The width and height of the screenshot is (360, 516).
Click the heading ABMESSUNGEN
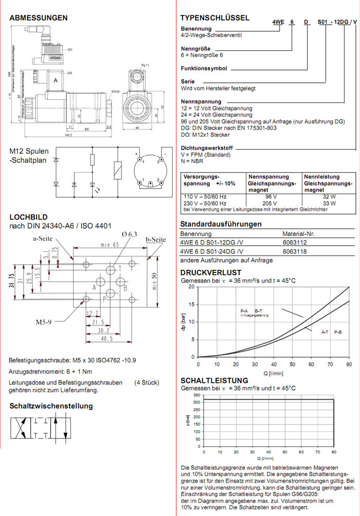(x=39, y=18)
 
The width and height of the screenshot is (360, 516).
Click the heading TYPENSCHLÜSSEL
(x=215, y=18)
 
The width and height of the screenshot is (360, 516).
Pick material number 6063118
(x=295, y=251)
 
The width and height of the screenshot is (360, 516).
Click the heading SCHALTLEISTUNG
(x=214, y=381)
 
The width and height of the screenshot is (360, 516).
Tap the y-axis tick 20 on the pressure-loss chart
(x=192, y=287)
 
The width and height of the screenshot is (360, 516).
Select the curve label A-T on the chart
(x=325, y=333)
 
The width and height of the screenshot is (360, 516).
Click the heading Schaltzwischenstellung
(x=51, y=406)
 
